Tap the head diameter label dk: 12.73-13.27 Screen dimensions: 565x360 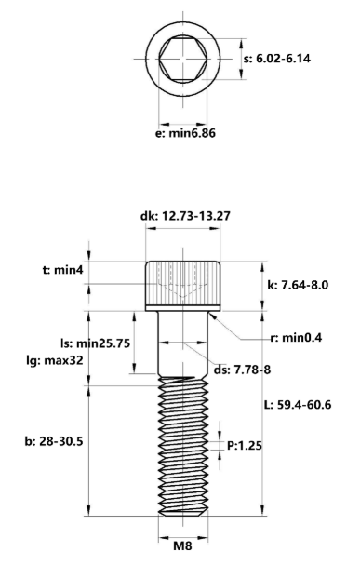(185, 216)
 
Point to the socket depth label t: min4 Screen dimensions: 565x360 (64, 271)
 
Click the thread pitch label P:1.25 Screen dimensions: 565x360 (244, 446)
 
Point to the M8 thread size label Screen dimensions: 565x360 (184, 548)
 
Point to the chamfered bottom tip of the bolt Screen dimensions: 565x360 (184, 513)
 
